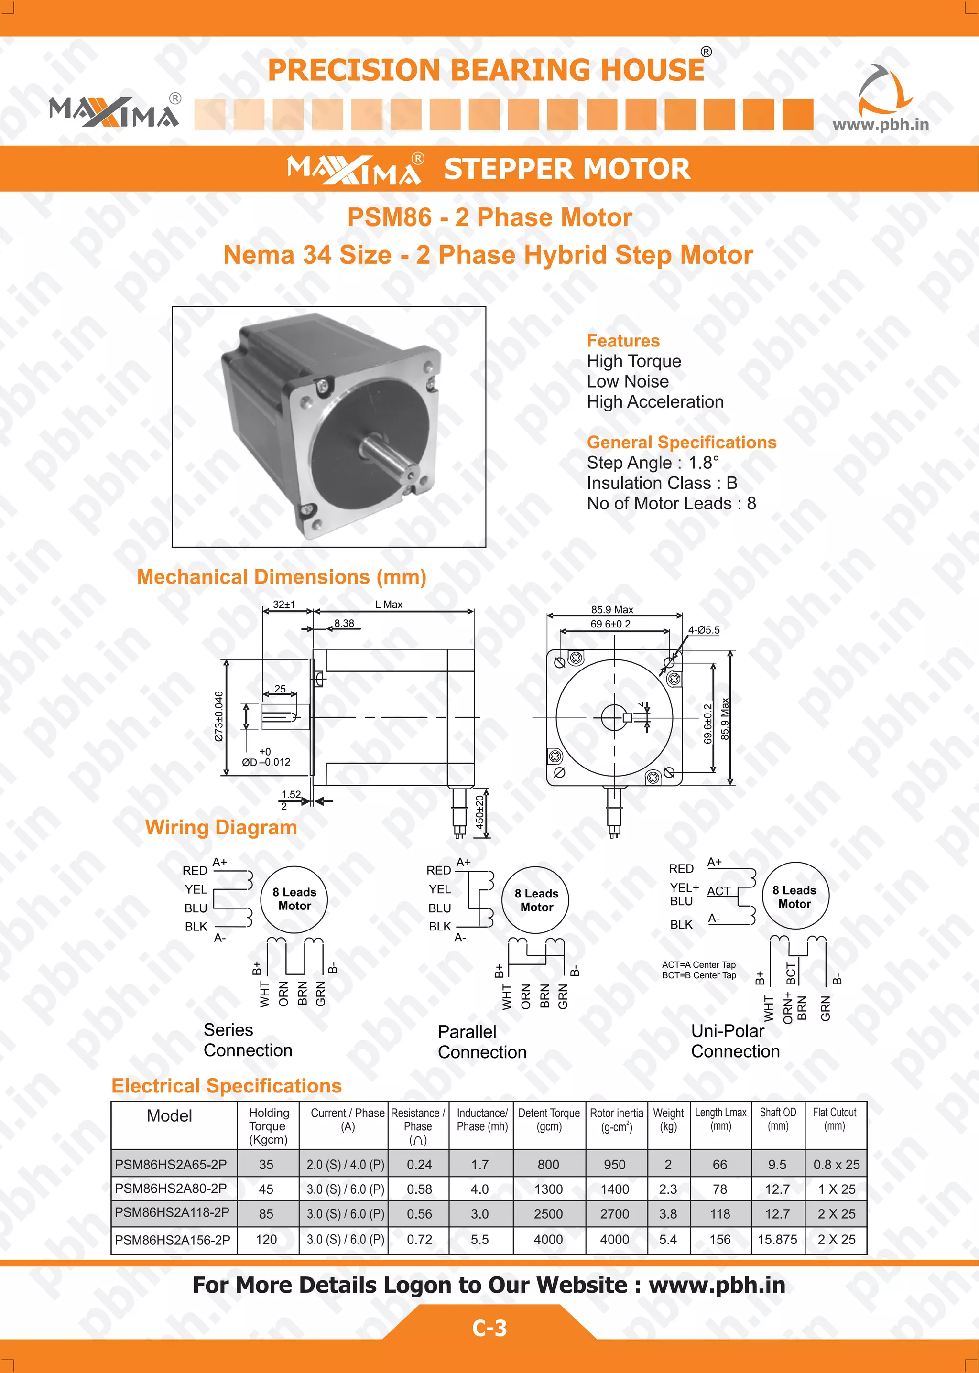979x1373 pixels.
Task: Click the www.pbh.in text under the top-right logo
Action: (x=880, y=125)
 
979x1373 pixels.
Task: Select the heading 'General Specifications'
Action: (x=681, y=443)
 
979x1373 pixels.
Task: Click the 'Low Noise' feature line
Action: (x=628, y=381)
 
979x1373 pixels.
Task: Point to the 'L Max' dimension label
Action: (x=389, y=605)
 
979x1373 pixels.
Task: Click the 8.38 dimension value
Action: (x=344, y=623)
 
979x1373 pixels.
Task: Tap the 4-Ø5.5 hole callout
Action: (x=704, y=630)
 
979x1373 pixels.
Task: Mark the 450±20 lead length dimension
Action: (x=480, y=812)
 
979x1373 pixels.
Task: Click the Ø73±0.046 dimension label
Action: (x=219, y=716)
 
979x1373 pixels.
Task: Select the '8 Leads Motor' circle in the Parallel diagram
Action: (x=536, y=900)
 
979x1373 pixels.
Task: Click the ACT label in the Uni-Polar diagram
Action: (x=718, y=891)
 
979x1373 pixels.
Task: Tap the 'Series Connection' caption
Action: (x=247, y=1040)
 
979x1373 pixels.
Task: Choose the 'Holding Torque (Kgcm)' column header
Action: (x=269, y=1126)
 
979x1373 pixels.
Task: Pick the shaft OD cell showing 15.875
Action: (x=777, y=1239)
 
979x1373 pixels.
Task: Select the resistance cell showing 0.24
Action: (x=419, y=1165)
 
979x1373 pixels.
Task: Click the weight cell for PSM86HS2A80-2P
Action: (x=668, y=1189)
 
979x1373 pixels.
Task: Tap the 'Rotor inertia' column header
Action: (x=616, y=1119)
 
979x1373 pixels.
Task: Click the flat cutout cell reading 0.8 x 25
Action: (x=836, y=1165)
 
